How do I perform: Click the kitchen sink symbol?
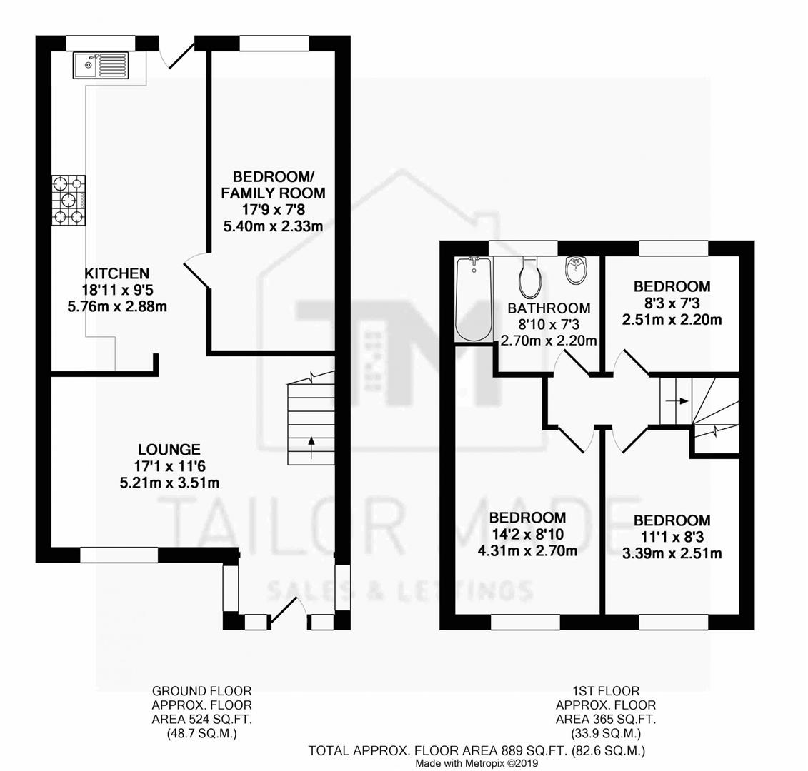(x=99, y=66)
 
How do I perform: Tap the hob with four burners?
(x=69, y=201)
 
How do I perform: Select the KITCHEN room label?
(x=117, y=273)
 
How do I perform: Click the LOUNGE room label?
(x=169, y=450)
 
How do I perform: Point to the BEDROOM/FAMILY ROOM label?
(x=273, y=184)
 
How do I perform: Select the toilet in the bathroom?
(x=529, y=279)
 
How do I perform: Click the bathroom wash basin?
(x=574, y=270)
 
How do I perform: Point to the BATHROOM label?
(x=549, y=308)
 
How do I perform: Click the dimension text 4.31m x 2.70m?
(x=528, y=550)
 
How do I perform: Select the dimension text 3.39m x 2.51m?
(x=672, y=553)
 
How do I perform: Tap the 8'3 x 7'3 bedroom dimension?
(x=672, y=303)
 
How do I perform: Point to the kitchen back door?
(x=178, y=54)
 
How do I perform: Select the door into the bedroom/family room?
(x=196, y=273)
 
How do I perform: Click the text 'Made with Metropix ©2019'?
(x=477, y=763)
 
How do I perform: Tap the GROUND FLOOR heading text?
(x=201, y=691)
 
